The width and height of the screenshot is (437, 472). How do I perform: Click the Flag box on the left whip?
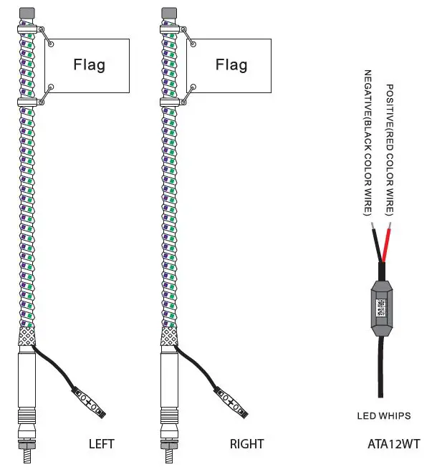coord(87,65)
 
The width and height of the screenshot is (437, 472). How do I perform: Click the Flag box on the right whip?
coord(230,65)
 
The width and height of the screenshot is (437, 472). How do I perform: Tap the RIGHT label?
coord(246,444)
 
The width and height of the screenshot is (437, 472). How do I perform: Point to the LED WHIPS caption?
coord(383,415)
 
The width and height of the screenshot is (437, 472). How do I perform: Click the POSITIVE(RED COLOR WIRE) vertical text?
coord(390,150)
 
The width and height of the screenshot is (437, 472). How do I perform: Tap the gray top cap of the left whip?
coord(27,14)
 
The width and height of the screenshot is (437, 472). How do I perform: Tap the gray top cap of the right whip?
coord(170,14)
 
